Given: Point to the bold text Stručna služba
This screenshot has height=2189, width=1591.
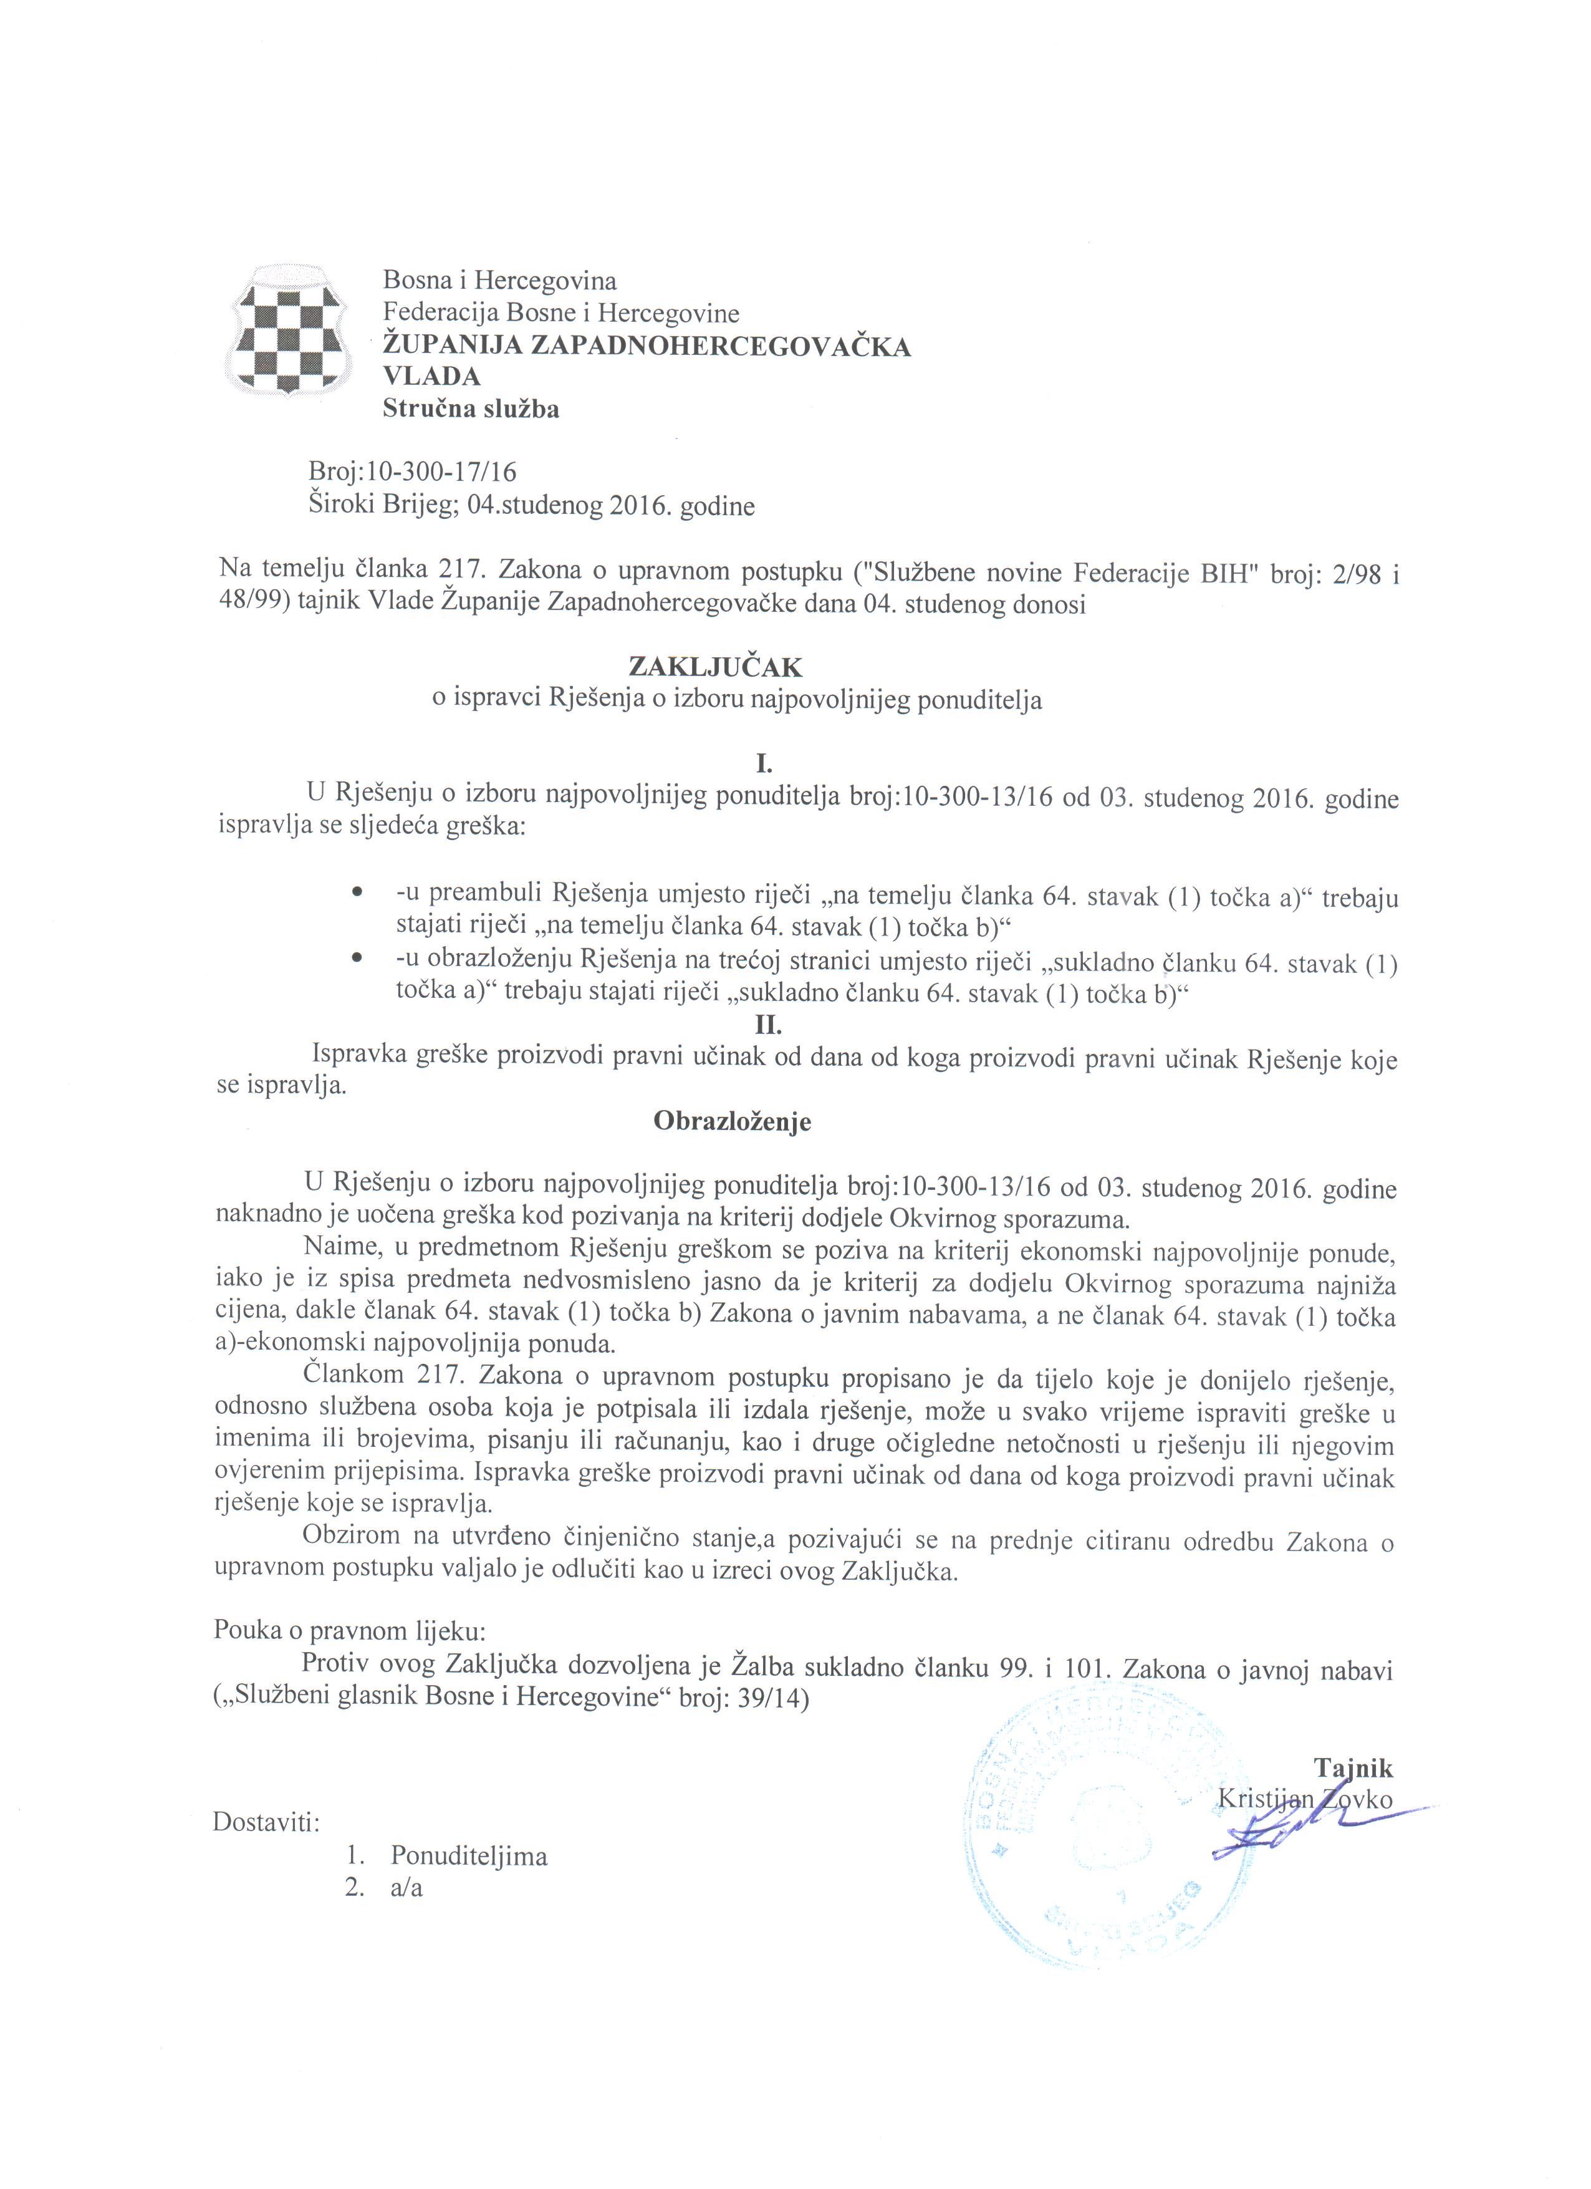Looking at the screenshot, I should click(x=471, y=409).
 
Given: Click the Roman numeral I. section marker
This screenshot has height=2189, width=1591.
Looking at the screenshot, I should click(x=764, y=765).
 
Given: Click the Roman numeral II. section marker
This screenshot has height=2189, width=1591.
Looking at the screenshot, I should click(x=768, y=1026).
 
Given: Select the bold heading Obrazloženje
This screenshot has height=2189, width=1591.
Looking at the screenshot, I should click(x=733, y=1121).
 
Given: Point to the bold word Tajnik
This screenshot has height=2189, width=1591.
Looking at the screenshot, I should click(x=1353, y=1767).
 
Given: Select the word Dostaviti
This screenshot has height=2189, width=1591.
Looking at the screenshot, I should click(x=266, y=1823).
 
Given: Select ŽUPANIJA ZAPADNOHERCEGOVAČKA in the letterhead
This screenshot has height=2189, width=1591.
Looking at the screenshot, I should click(x=646, y=346).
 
